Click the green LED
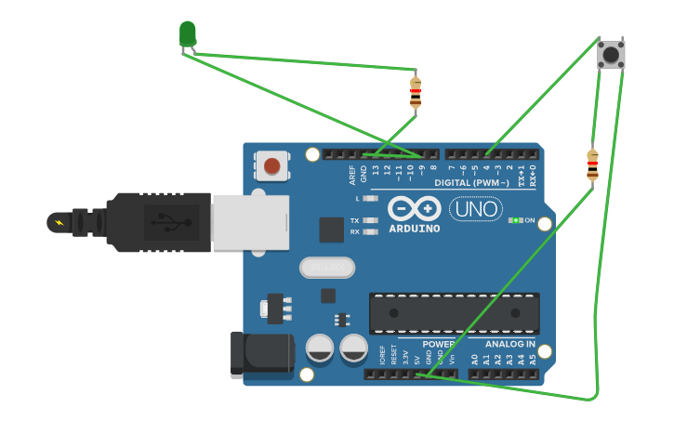(x=188, y=34)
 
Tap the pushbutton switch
(x=611, y=54)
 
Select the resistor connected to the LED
(x=416, y=92)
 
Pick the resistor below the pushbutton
(x=592, y=165)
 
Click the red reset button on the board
(x=271, y=166)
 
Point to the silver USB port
(x=250, y=223)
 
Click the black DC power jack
(x=260, y=354)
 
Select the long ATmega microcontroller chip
(x=454, y=313)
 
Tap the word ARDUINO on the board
(x=415, y=229)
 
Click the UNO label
(x=475, y=209)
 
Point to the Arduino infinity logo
(x=415, y=209)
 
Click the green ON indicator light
(x=513, y=220)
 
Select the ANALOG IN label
(x=510, y=344)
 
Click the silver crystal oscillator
(x=326, y=268)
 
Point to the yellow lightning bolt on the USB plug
(x=60, y=223)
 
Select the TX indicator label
(x=354, y=220)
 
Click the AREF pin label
(x=352, y=172)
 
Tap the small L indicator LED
(x=370, y=198)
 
